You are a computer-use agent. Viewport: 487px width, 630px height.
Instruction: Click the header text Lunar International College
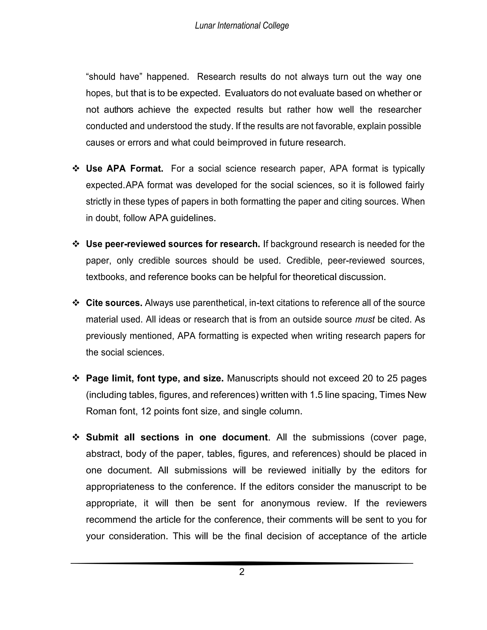pyautogui.click(x=242, y=26)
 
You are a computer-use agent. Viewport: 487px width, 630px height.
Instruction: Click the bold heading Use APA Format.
pyautogui.click(x=124, y=169)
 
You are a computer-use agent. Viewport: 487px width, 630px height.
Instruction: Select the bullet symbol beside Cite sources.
pyautogui.click(x=76, y=303)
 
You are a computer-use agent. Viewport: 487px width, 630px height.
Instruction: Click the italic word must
pyautogui.click(x=365, y=319)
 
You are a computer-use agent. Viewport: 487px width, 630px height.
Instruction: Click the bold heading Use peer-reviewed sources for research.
pyautogui.click(x=173, y=244)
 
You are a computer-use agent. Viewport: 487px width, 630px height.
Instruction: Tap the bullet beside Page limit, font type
pyautogui.click(x=76, y=378)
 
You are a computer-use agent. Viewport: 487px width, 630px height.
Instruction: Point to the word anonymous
pyautogui.click(x=285, y=503)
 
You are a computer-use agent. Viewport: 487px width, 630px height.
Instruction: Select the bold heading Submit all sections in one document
pyautogui.click(x=177, y=437)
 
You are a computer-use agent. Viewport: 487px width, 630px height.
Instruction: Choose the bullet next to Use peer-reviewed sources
pyautogui.click(x=76, y=244)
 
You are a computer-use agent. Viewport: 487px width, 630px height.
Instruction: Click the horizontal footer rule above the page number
pyautogui.click(x=242, y=563)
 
